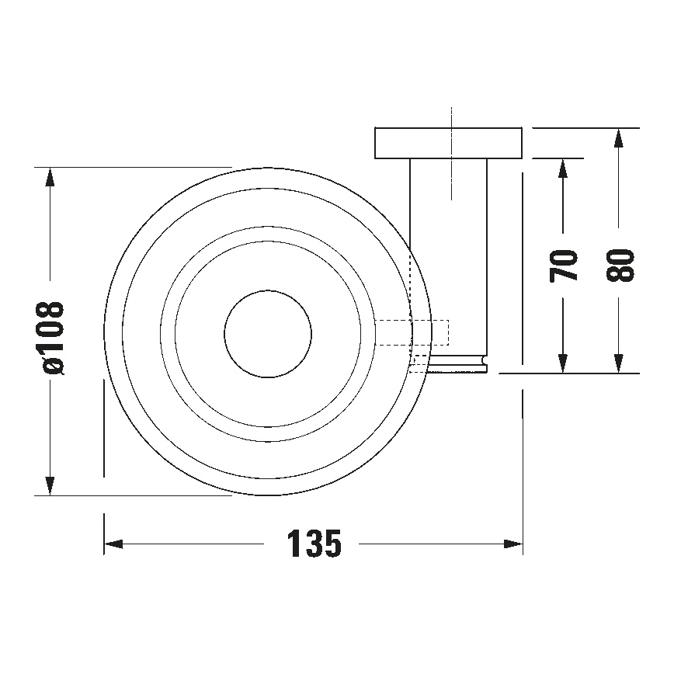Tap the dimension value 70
565,266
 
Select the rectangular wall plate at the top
448,142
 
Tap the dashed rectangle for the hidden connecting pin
412,333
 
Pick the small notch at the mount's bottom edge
484,360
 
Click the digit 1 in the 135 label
296,544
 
